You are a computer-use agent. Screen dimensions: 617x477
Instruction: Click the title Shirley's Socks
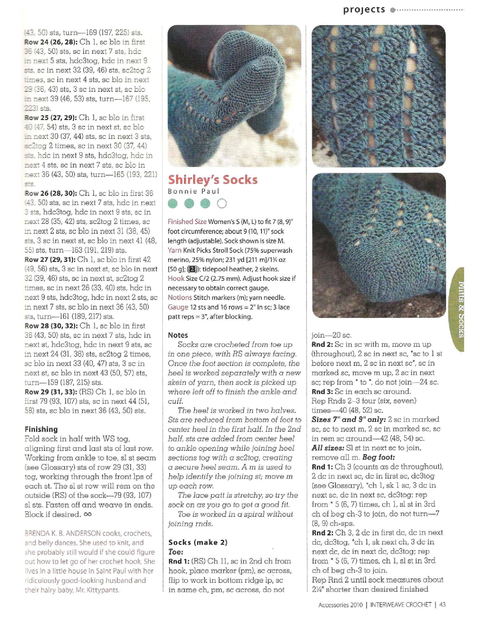click(x=213, y=180)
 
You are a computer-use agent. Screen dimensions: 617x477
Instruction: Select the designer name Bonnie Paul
click(x=194, y=192)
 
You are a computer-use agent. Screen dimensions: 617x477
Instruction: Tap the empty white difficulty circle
click(x=222, y=203)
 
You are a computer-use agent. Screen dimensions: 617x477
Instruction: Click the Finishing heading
click(x=41, y=429)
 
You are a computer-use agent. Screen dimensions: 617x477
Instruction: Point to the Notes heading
click(x=178, y=335)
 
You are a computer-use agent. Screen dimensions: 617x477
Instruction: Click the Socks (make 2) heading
click(x=198, y=542)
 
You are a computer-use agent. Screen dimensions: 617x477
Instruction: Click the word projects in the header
click(x=364, y=10)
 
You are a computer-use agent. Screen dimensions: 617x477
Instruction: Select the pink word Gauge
click(x=178, y=307)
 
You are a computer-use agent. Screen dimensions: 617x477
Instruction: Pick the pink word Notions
click(x=180, y=298)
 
